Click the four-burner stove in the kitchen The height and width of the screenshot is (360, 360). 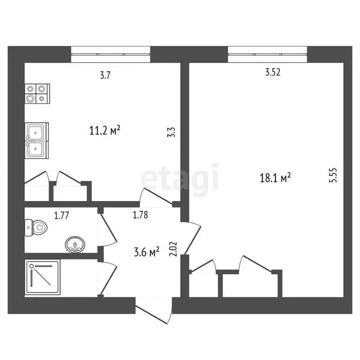tap(37, 93)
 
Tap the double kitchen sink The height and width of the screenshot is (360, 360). tap(37, 140)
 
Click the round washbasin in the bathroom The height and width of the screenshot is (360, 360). tap(75, 244)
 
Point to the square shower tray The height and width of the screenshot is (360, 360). tap(43, 278)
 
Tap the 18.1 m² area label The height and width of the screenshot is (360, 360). tap(276, 177)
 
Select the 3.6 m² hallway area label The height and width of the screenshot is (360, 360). tap(147, 252)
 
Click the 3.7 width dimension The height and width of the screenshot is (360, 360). tap(105, 75)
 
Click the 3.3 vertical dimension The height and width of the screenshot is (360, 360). tap(172, 133)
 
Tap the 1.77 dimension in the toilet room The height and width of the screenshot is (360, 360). tap(61, 216)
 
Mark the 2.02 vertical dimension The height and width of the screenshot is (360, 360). tap(172, 248)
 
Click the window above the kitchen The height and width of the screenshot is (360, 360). tap(111, 54)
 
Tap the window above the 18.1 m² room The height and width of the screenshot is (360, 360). tap(268, 54)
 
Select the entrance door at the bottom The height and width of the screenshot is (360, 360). tap(153, 313)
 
